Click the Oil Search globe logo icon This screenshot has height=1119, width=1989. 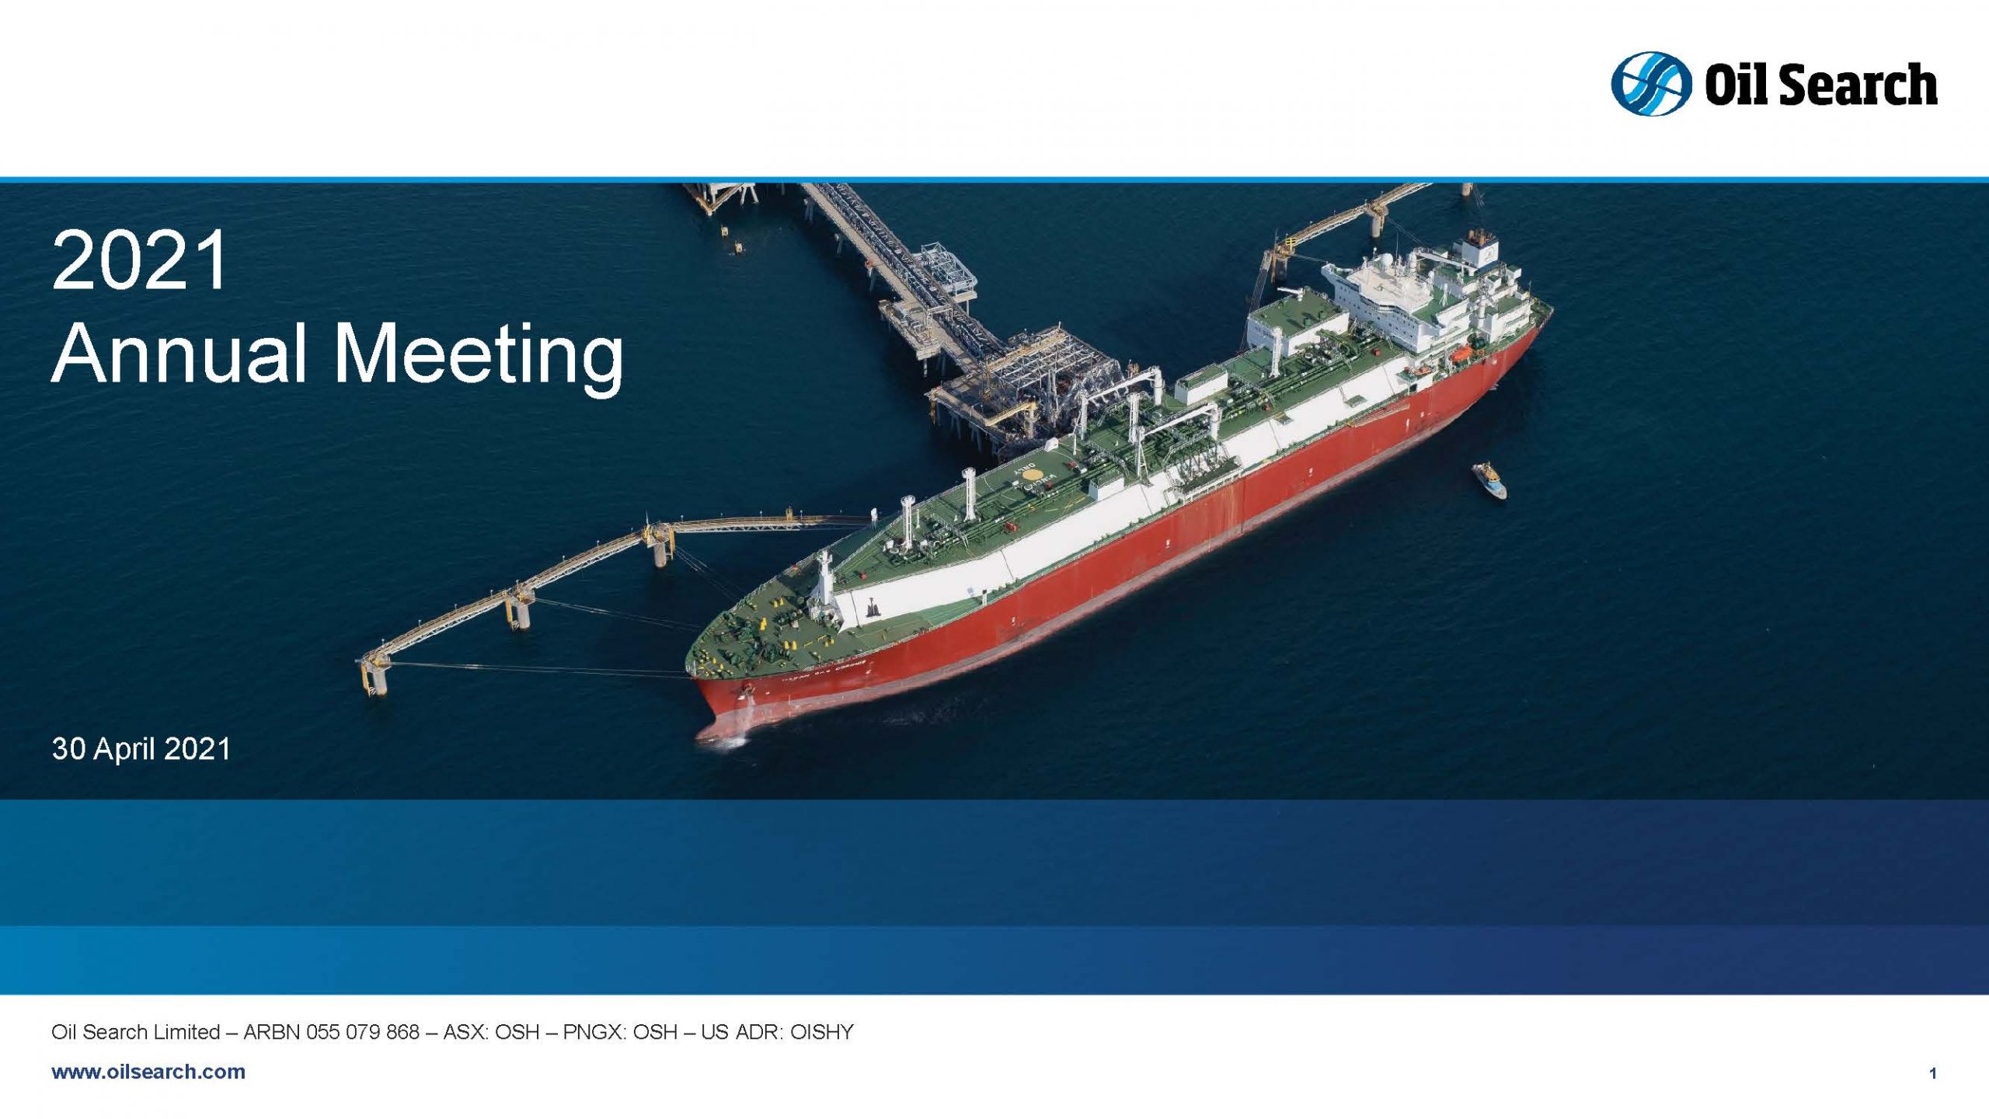coord(1651,84)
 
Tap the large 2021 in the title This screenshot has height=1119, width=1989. coord(140,260)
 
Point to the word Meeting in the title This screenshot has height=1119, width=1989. coord(478,357)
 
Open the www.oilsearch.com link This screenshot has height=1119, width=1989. coord(148,1072)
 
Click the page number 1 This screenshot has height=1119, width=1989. coord(1932,1074)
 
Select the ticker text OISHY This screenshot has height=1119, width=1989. coord(821,1032)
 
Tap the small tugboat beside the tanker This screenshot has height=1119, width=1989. coord(1489,479)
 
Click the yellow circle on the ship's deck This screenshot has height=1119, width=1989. coord(1032,472)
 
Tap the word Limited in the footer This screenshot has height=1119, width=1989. coord(186,1032)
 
